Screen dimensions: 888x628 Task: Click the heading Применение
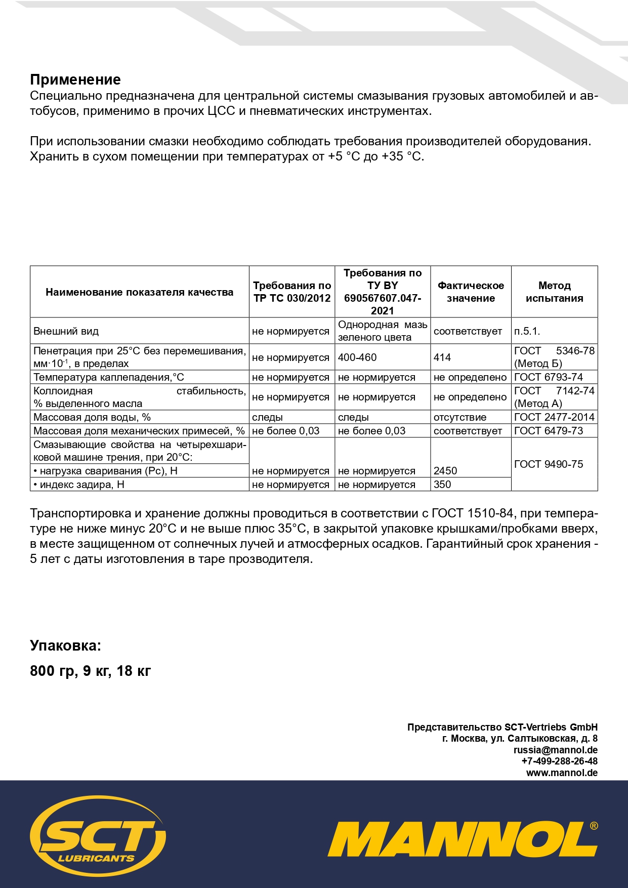click(x=75, y=79)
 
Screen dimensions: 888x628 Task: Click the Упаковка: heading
click(x=66, y=645)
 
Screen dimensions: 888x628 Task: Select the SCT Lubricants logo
click(x=98, y=834)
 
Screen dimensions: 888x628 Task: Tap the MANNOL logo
click(x=462, y=839)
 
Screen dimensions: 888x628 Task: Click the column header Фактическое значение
click(x=471, y=292)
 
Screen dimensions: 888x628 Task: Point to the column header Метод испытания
click(x=554, y=292)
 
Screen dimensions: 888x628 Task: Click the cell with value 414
click(x=442, y=357)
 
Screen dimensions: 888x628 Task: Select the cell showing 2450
click(x=445, y=471)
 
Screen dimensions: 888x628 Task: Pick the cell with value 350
click(x=442, y=485)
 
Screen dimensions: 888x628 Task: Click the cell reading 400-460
click(x=357, y=357)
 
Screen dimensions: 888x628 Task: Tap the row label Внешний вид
click(x=66, y=331)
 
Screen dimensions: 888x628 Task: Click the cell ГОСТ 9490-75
click(x=549, y=464)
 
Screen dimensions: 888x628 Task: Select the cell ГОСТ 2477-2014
click(x=554, y=417)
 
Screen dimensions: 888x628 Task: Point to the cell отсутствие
click(x=460, y=417)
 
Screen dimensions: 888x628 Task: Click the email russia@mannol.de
click(x=555, y=750)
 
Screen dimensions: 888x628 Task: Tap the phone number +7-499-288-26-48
click(x=559, y=761)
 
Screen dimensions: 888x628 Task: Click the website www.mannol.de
click(x=562, y=773)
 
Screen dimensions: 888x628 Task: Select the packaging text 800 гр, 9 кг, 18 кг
click(x=91, y=671)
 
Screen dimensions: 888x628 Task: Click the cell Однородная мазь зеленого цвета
click(x=382, y=331)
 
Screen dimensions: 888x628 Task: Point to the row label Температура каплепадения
click(x=109, y=377)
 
